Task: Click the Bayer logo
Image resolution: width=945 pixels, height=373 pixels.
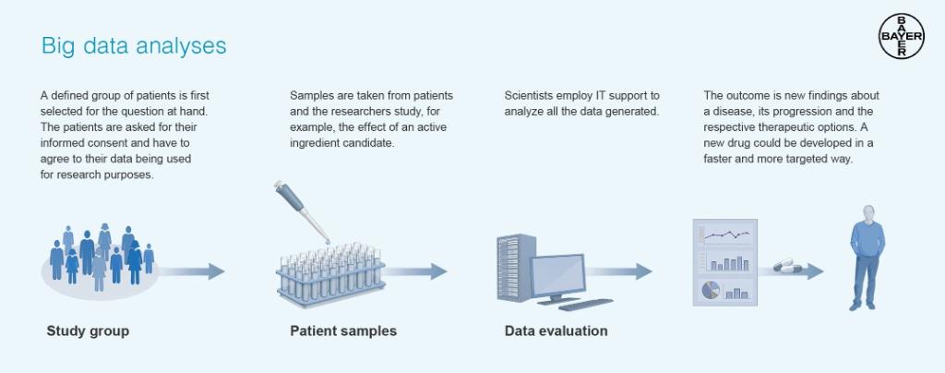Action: (x=901, y=37)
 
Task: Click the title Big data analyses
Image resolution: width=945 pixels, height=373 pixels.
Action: (x=134, y=45)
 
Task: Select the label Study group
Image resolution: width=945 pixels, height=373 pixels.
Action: (x=88, y=331)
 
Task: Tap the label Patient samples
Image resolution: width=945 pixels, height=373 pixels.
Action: (x=343, y=331)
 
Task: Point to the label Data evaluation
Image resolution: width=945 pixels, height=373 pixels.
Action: (x=556, y=331)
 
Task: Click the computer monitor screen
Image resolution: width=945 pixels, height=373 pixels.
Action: (x=556, y=273)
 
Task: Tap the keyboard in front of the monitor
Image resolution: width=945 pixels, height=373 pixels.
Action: (x=585, y=304)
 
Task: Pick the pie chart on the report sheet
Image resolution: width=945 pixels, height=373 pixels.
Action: (x=711, y=290)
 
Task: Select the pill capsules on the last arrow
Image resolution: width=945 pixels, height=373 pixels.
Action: (x=788, y=266)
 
